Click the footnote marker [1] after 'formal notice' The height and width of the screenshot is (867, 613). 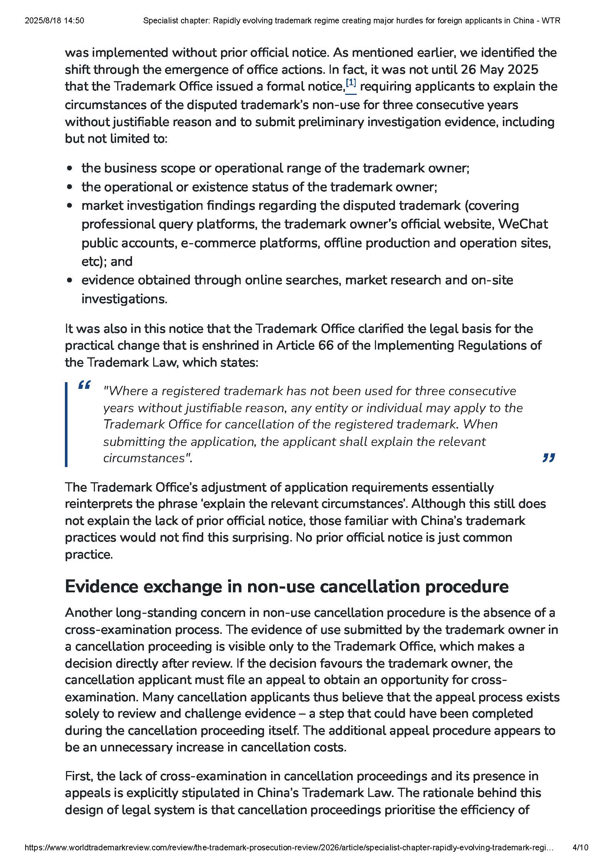tap(351, 83)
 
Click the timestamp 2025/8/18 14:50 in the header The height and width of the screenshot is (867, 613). tap(55, 21)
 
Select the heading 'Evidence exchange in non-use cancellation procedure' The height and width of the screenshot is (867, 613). tap(286, 586)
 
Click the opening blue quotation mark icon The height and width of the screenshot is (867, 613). tap(84, 385)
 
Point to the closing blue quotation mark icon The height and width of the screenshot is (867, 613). tap(548, 458)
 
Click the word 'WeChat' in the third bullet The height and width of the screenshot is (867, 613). tap(523, 224)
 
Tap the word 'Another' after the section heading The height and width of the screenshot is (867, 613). tap(88, 612)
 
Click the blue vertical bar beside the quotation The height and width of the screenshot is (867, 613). tap(66, 424)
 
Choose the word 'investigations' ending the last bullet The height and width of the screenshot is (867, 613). tap(123, 299)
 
